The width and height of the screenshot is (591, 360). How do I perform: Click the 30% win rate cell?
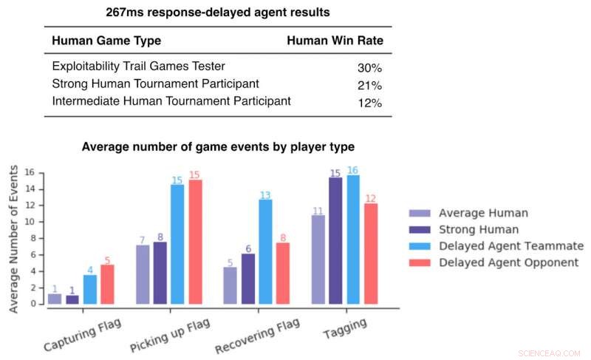pyautogui.click(x=369, y=68)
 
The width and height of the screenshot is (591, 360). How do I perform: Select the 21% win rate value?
pyautogui.click(x=369, y=85)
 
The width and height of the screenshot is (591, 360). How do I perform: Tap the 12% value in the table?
pyautogui.click(x=369, y=103)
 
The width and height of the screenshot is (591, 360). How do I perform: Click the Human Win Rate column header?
pyautogui.click(x=335, y=41)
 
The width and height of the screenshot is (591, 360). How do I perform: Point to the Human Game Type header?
pyautogui.click(x=106, y=41)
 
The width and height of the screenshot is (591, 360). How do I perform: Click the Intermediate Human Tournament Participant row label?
pyautogui.click(x=171, y=101)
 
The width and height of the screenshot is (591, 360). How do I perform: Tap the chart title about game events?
pyautogui.click(x=218, y=146)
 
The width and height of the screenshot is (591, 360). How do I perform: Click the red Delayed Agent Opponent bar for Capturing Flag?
pyautogui.click(x=108, y=285)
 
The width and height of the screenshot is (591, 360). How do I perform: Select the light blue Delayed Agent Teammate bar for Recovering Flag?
pyautogui.click(x=265, y=252)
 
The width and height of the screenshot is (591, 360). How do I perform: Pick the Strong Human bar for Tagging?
pyautogui.click(x=335, y=241)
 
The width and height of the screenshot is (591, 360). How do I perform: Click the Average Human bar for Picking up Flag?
pyautogui.click(x=143, y=274)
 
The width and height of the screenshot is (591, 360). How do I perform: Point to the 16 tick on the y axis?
pyautogui.click(x=30, y=173)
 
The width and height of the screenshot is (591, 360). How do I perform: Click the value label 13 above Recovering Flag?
pyautogui.click(x=265, y=195)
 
